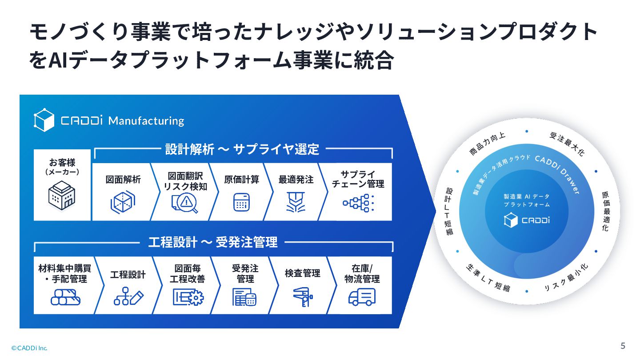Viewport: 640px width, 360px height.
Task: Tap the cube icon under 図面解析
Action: coord(122,202)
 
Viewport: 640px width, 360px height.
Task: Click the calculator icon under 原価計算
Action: coord(242,202)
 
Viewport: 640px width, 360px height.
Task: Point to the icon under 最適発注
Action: coord(296,202)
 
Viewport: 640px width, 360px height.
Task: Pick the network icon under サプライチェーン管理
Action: coord(358,203)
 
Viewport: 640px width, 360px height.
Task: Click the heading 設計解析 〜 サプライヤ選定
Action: coord(243,149)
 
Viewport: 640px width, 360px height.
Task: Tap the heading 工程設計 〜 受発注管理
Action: coord(213,242)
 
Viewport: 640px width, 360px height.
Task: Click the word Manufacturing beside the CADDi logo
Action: coord(146,121)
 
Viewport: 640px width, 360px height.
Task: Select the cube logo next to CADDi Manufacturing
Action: coord(44,120)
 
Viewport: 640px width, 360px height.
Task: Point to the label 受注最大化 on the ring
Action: coord(567,144)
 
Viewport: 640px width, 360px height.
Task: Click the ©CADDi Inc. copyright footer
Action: coord(29,348)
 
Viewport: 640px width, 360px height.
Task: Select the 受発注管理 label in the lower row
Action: coord(245,274)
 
